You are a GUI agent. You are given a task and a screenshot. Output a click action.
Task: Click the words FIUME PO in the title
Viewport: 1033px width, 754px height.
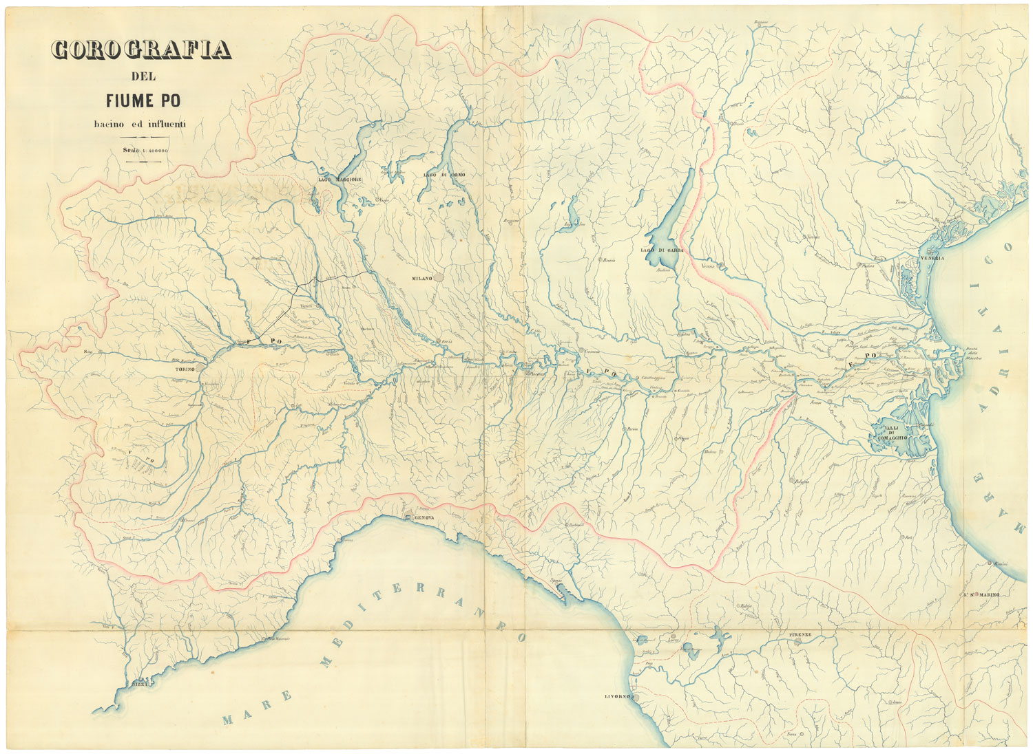pos(143,100)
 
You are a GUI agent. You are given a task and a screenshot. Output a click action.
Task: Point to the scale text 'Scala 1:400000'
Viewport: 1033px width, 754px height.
pos(145,149)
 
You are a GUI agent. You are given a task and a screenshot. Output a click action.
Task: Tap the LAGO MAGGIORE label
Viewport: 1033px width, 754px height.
pos(340,179)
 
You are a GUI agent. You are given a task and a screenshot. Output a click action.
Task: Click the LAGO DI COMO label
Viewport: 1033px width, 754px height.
pos(444,175)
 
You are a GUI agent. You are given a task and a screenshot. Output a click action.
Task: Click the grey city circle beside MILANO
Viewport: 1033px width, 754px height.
pos(439,279)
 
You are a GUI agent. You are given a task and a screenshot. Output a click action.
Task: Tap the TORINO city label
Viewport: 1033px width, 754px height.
pos(185,369)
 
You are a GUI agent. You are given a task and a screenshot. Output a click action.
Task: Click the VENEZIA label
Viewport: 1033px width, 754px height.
pos(930,258)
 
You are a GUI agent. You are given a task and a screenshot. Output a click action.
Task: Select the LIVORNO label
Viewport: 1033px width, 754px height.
pos(618,698)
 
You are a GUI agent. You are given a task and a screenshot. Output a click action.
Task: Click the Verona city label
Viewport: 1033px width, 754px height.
pos(709,266)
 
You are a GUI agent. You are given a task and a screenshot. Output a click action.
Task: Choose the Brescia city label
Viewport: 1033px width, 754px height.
pos(608,261)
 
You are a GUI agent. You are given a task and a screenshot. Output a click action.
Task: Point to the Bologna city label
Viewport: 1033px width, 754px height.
pos(800,482)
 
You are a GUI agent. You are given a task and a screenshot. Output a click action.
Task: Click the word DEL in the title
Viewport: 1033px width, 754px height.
pos(143,76)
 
